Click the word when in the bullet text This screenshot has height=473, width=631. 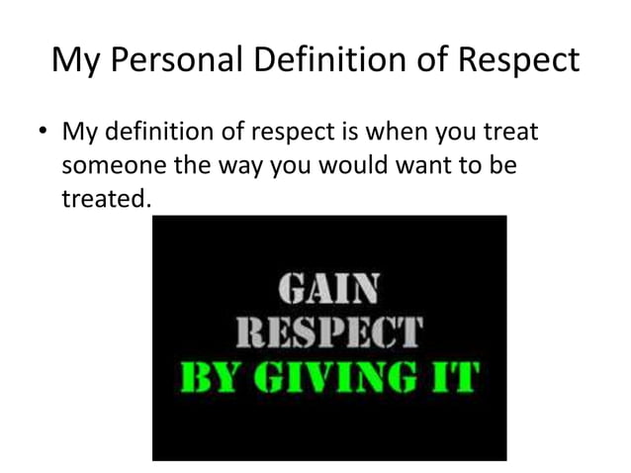(x=385, y=133)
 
